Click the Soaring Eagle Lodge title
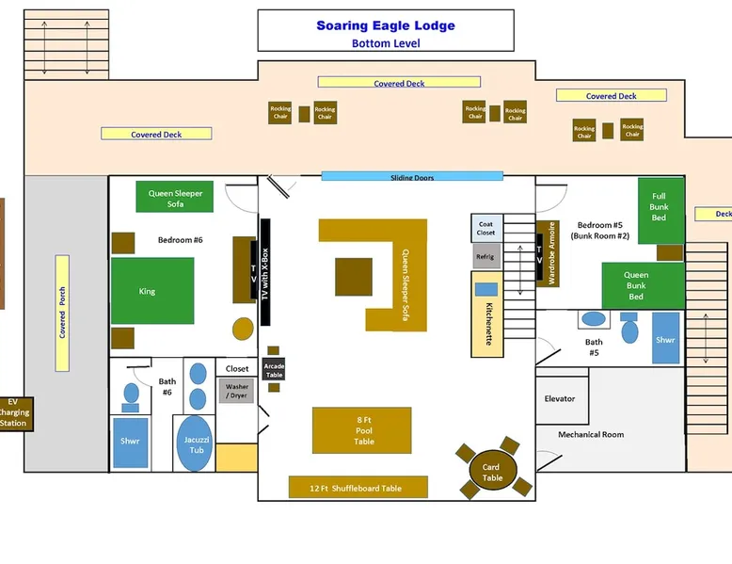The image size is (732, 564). (x=386, y=26)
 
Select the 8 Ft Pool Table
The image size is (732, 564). (x=362, y=430)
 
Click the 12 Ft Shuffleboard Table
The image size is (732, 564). (x=358, y=487)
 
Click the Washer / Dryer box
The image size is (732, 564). (x=236, y=391)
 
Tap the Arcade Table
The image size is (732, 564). (x=274, y=369)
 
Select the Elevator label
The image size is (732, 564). (x=560, y=398)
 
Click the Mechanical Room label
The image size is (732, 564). (x=591, y=434)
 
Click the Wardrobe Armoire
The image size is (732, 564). (x=552, y=253)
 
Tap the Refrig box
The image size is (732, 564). (x=485, y=256)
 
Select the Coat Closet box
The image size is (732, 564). (x=485, y=228)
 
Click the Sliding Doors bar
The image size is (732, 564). (x=412, y=176)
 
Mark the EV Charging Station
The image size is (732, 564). (x=13, y=412)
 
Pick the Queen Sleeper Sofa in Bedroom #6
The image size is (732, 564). (x=175, y=197)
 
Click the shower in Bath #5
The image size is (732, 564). (x=666, y=338)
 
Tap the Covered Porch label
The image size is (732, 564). (x=62, y=313)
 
